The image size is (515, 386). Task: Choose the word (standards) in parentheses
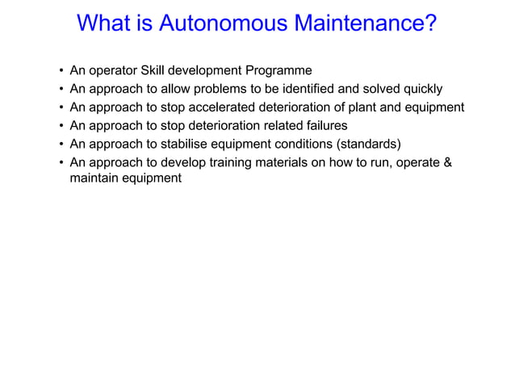(x=364, y=145)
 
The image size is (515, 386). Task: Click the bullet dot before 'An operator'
(x=62, y=71)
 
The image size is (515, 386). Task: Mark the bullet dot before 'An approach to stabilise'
(x=62, y=145)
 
